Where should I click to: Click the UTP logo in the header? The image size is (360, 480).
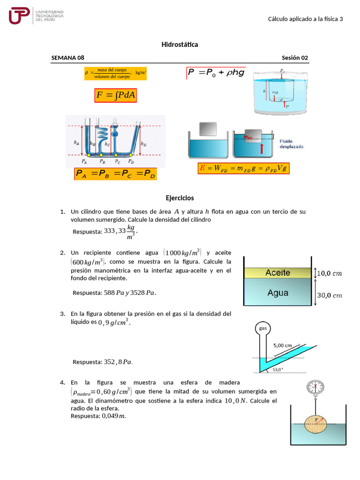(x=19, y=15)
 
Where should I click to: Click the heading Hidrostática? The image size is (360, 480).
(x=180, y=45)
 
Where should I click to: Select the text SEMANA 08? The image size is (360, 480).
(x=68, y=58)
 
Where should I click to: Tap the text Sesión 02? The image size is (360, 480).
(x=295, y=58)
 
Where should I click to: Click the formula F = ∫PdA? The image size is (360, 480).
(x=115, y=95)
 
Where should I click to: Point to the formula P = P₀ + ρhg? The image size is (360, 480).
(x=216, y=73)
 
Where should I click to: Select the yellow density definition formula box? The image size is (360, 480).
(x=115, y=73)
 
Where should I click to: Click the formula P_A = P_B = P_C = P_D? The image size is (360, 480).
(x=115, y=174)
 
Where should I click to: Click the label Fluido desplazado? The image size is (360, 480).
(x=291, y=143)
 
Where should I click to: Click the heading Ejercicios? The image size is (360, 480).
(x=180, y=198)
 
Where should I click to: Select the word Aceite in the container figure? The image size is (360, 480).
(x=277, y=273)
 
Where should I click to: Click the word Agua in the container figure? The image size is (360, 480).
(x=277, y=293)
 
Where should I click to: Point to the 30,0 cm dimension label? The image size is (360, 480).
(x=330, y=295)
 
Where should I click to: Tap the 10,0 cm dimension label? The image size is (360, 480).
(x=330, y=273)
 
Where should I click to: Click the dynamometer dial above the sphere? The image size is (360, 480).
(x=315, y=387)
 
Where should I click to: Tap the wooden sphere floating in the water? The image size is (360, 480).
(x=315, y=423)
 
